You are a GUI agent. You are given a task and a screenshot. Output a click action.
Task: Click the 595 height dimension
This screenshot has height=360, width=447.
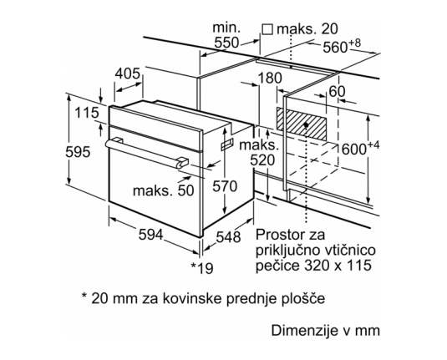[78, 152]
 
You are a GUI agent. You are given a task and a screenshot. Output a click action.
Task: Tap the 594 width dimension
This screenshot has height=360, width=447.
[150, 235]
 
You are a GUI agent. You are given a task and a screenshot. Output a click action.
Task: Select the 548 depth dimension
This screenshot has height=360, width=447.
[228, 237]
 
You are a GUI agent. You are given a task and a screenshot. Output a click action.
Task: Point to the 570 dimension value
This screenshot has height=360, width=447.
[225, 186]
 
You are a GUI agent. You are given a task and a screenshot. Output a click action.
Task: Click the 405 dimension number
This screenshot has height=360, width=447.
[128, 74]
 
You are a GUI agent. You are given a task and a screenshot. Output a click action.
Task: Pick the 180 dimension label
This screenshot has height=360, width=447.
[270, 78]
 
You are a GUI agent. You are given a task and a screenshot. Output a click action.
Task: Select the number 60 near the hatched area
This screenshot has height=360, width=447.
[337, 92]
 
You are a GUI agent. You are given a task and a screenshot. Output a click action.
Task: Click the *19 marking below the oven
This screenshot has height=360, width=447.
[202, 268]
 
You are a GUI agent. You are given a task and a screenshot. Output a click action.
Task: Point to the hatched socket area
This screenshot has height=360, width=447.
[302, 124]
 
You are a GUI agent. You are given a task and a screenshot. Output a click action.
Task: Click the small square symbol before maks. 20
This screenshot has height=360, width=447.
[267, 29]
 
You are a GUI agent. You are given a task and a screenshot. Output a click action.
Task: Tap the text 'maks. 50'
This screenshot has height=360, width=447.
[164, 190]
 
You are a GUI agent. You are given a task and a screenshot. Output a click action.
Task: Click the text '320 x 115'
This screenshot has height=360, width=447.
[338, 266]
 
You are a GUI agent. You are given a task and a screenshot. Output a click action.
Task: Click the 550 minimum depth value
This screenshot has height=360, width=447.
[226, 43]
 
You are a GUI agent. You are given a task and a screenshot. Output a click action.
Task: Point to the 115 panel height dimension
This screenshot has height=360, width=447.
[87, 113]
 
